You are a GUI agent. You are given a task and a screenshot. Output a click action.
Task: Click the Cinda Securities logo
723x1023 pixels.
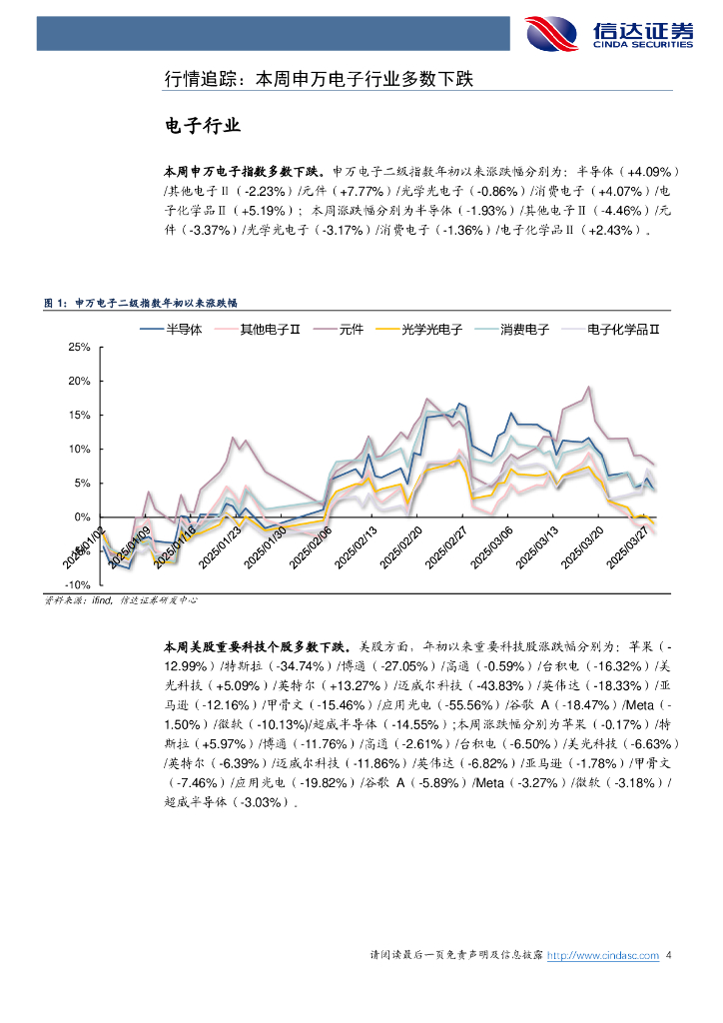tap(608, 33)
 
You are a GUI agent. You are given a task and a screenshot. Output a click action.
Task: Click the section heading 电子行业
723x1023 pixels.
tap(202, 126)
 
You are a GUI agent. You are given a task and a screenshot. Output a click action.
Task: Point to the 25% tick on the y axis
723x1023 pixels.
tap(78, 348)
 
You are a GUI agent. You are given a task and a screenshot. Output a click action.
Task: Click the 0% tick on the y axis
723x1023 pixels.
tap(82, 517)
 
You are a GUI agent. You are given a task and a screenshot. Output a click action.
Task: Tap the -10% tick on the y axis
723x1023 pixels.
tap(76, 585)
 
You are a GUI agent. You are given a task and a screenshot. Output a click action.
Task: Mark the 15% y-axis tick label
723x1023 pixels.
tap(78, 416)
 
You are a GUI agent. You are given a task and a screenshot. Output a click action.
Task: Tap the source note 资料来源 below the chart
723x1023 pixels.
tap(121, 600)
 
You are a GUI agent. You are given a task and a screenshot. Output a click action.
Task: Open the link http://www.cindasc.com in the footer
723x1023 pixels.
tap(604, 956)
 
